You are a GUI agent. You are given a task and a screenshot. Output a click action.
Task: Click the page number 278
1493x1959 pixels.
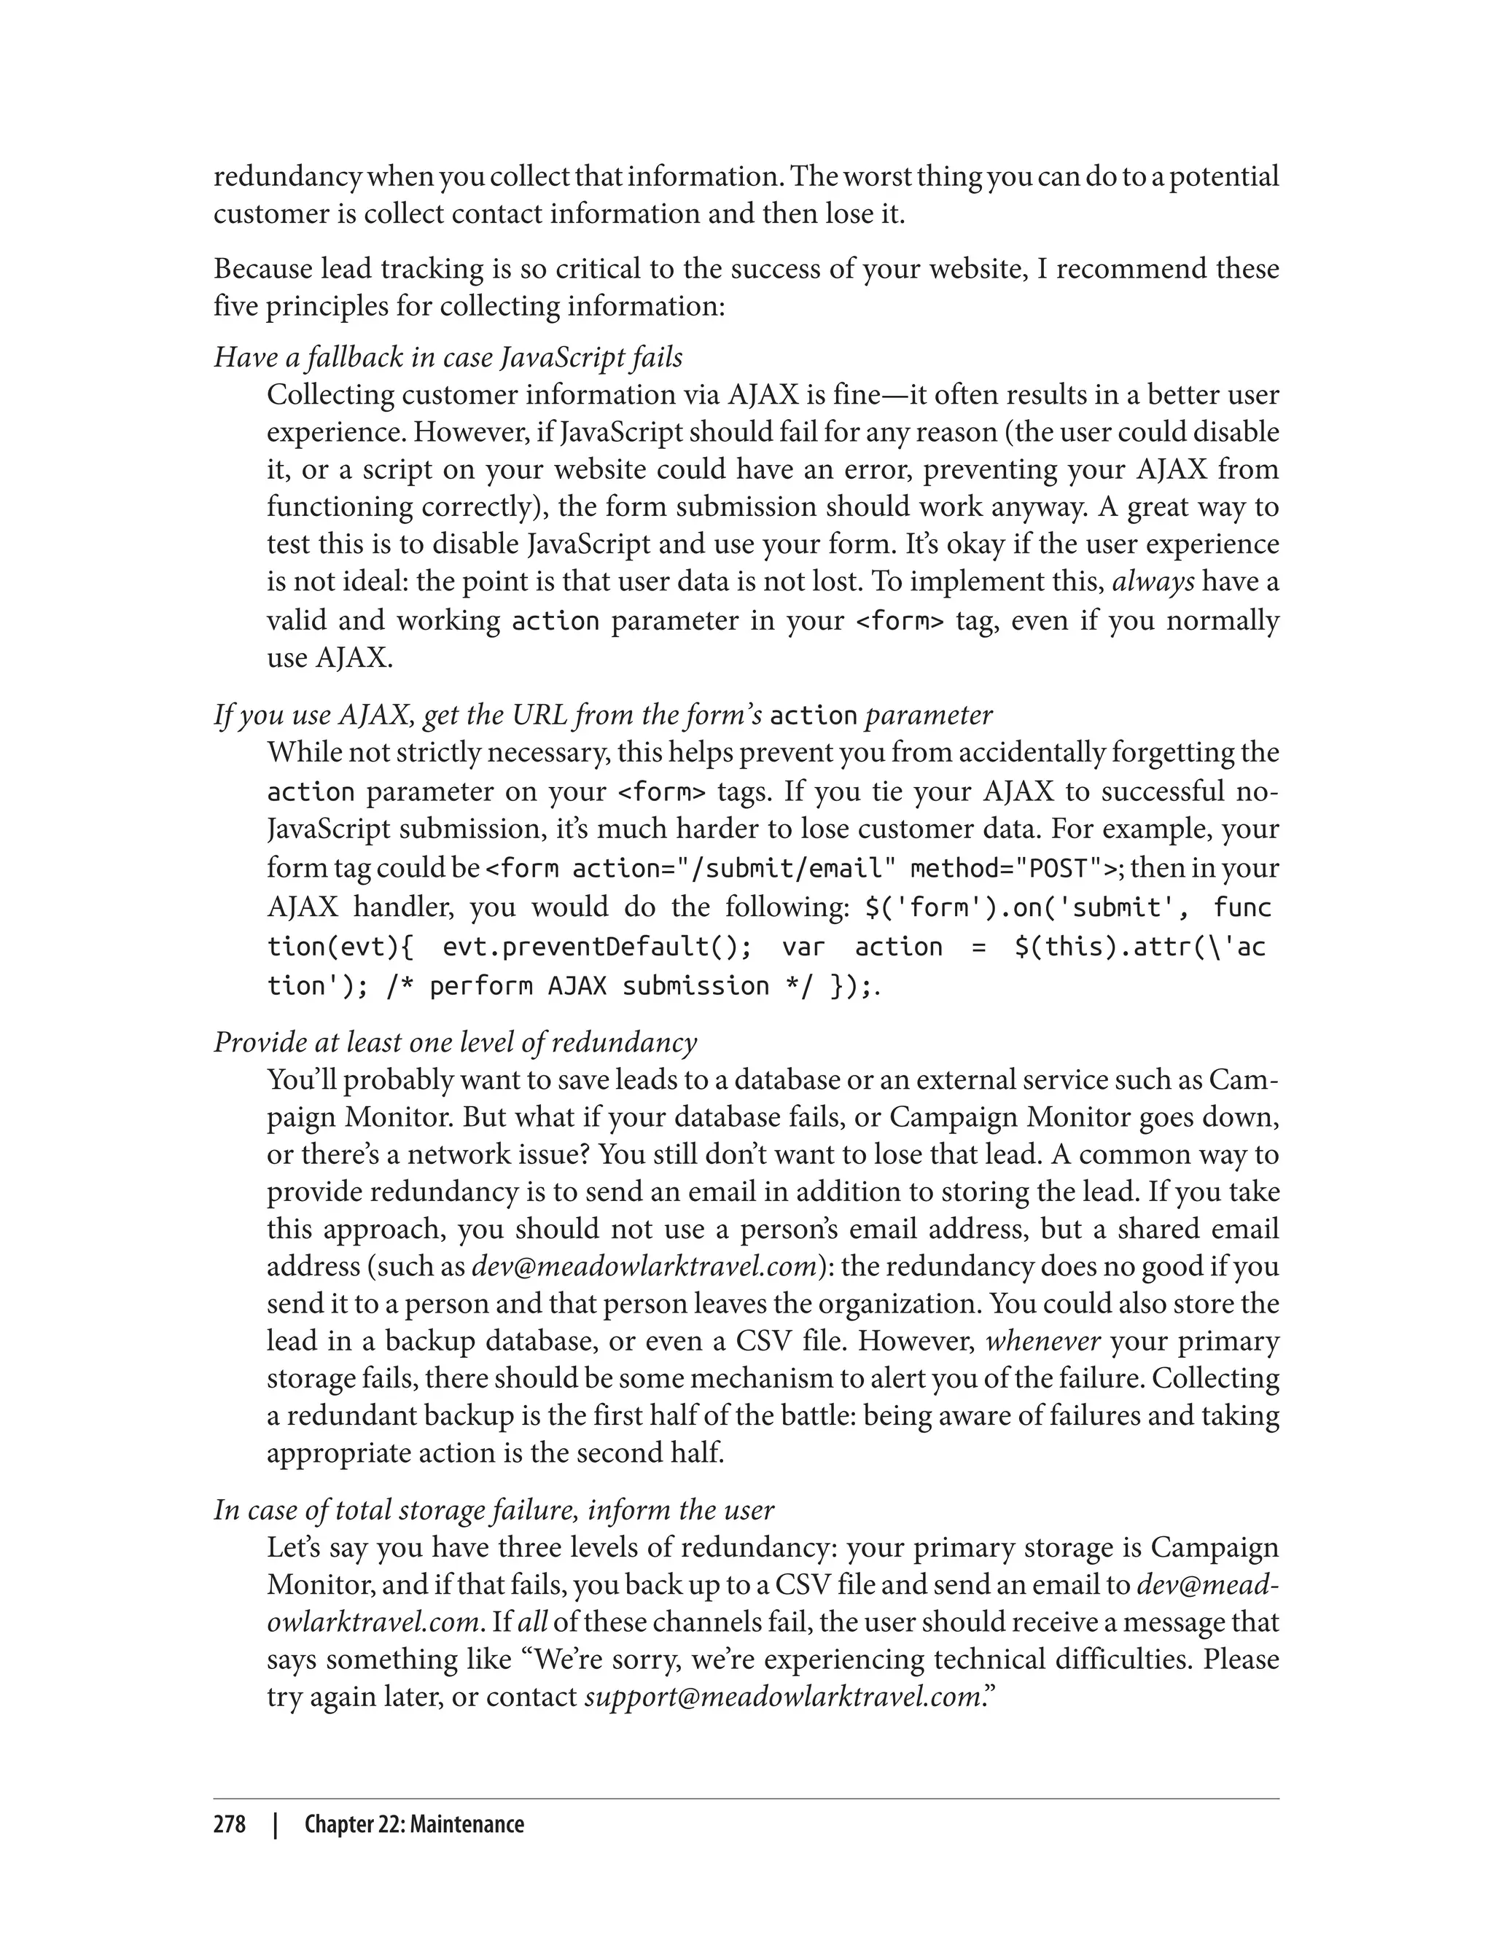(x=230, y=1825)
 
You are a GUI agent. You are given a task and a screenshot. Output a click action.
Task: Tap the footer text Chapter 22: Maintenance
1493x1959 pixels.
(x=414, y=1825)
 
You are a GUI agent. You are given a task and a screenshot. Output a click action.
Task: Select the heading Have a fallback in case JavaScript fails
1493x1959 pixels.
(x=448, y=357)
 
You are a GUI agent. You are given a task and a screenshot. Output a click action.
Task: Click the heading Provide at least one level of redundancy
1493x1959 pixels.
(x=455, y=1042)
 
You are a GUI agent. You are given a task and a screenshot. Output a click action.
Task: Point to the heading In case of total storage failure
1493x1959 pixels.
(x=494, y=1509)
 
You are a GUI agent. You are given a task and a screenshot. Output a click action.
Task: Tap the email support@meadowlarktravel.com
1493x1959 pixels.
(x=781, y=1696)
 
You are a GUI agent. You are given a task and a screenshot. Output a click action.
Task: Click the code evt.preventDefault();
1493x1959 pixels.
(x=596, y=947)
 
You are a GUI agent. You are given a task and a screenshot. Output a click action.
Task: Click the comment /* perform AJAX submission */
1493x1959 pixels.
(x=599, y=986)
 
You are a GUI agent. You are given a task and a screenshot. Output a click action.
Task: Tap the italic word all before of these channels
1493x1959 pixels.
(x=532, y=1622)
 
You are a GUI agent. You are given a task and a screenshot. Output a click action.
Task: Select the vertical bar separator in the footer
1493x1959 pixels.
(x=276, y=1825)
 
